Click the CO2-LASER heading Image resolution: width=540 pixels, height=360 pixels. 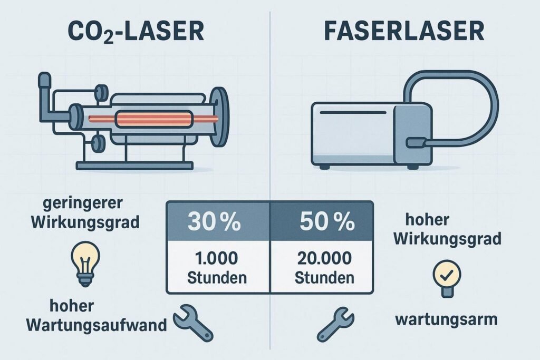[x=136, y=32]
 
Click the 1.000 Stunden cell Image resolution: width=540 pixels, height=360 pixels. [x=218, y=268]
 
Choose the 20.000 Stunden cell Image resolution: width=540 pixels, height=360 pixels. [x=321, y=268]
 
